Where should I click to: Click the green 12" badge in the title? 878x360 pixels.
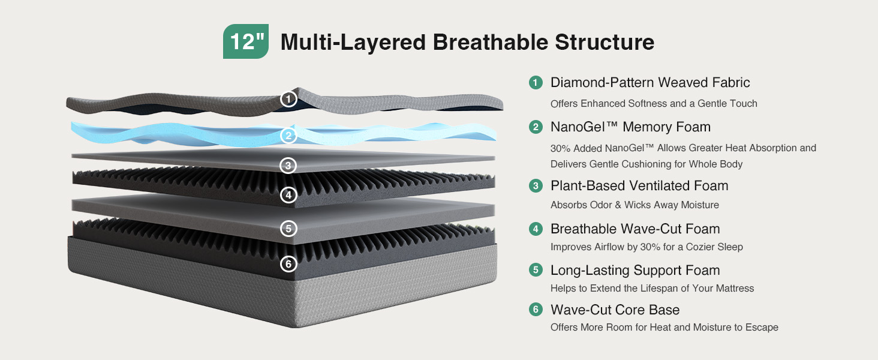tap(246, 41)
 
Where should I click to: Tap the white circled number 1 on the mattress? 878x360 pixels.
tap(288, 99)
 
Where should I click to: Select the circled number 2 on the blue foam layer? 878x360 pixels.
tap(288, 135)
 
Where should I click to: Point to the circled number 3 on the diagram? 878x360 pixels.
tap(288, 166)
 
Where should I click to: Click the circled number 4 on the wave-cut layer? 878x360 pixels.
tap(288, 195)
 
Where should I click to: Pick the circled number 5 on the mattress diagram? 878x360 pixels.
tap(288, 229)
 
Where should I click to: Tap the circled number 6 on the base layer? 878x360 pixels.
tap(288, 264)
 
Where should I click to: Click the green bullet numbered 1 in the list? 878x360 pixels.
tap(536, 83)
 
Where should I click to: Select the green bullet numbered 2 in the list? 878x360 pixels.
tap(536, 127)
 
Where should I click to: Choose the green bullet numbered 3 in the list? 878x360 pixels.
tap(536, 185)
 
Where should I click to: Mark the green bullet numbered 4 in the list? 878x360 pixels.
tap(536, 229)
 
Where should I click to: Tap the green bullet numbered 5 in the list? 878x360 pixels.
tap(536, 270)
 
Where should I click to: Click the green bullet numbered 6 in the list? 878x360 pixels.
tap(536, 310)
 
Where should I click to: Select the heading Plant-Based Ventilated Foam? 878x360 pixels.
tap(639, 185)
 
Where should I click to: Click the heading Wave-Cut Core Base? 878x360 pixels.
tap(615, 310)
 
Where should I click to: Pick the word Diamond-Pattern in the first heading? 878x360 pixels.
tap(603, 83)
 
